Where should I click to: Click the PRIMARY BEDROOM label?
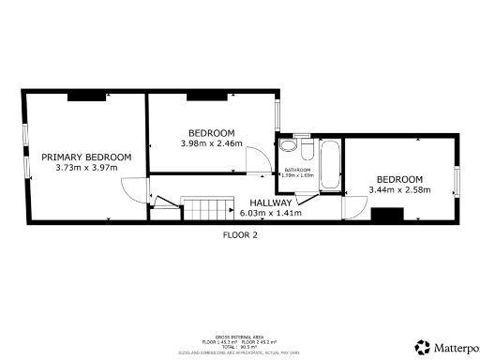[85, 157]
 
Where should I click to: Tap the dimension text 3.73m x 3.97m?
[85, 168]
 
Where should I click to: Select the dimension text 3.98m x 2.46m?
[211, 143]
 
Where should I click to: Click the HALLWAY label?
[271, 202]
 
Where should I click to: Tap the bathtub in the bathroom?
[330, 165]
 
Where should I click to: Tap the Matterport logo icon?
[422, 347]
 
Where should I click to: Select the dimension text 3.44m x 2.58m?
[399, 190]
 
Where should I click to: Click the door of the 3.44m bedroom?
[353, 208]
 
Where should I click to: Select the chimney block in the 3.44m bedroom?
[385, 216]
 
